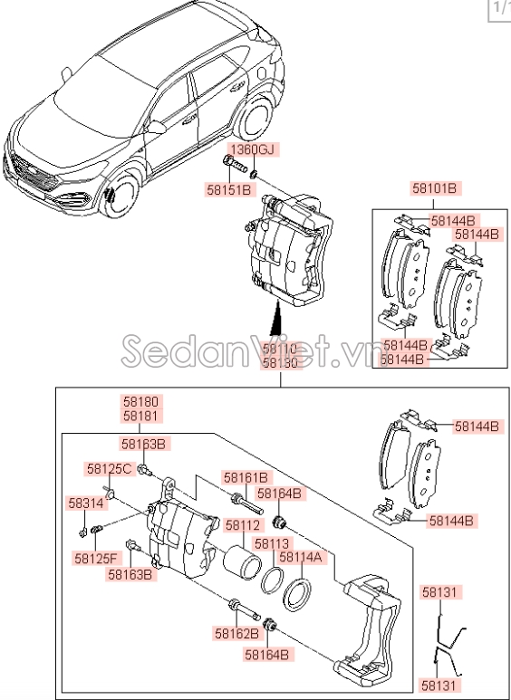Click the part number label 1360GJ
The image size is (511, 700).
click(251, 149)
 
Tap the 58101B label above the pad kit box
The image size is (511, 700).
click(436, 188)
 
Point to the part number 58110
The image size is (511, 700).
click(280, 349)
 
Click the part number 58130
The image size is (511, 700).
click(280, 362)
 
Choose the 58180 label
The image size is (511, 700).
click(140, 401)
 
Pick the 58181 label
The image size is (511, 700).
click(140, 415)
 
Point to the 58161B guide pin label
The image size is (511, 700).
click(246, 477)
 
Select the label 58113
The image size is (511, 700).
click(271, 543)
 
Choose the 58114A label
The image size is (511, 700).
click(300, 558)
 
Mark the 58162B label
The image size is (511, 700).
click(237, 634)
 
